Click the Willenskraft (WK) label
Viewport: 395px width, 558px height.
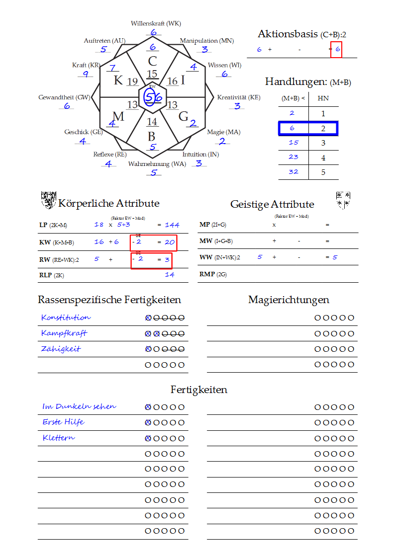156,23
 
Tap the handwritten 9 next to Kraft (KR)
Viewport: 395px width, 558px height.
86,74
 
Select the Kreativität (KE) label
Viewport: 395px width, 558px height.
238,97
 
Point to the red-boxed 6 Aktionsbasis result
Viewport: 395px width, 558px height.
337,49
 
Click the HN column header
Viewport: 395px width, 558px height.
323,98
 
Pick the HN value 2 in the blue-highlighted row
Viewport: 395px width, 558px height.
323,128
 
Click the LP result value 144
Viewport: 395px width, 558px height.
172,225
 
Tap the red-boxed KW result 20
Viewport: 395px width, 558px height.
170,242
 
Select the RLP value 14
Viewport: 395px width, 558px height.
170,274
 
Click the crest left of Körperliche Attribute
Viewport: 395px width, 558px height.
48,200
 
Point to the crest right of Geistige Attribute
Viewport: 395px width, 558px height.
343,199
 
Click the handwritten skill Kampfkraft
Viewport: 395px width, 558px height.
64,333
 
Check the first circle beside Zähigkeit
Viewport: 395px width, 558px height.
148,349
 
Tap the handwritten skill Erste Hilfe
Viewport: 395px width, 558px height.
63,422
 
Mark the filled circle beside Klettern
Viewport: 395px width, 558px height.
148,438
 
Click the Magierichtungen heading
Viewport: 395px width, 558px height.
289,300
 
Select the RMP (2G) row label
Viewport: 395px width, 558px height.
212,274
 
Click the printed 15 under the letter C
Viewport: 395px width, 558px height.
152,75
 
